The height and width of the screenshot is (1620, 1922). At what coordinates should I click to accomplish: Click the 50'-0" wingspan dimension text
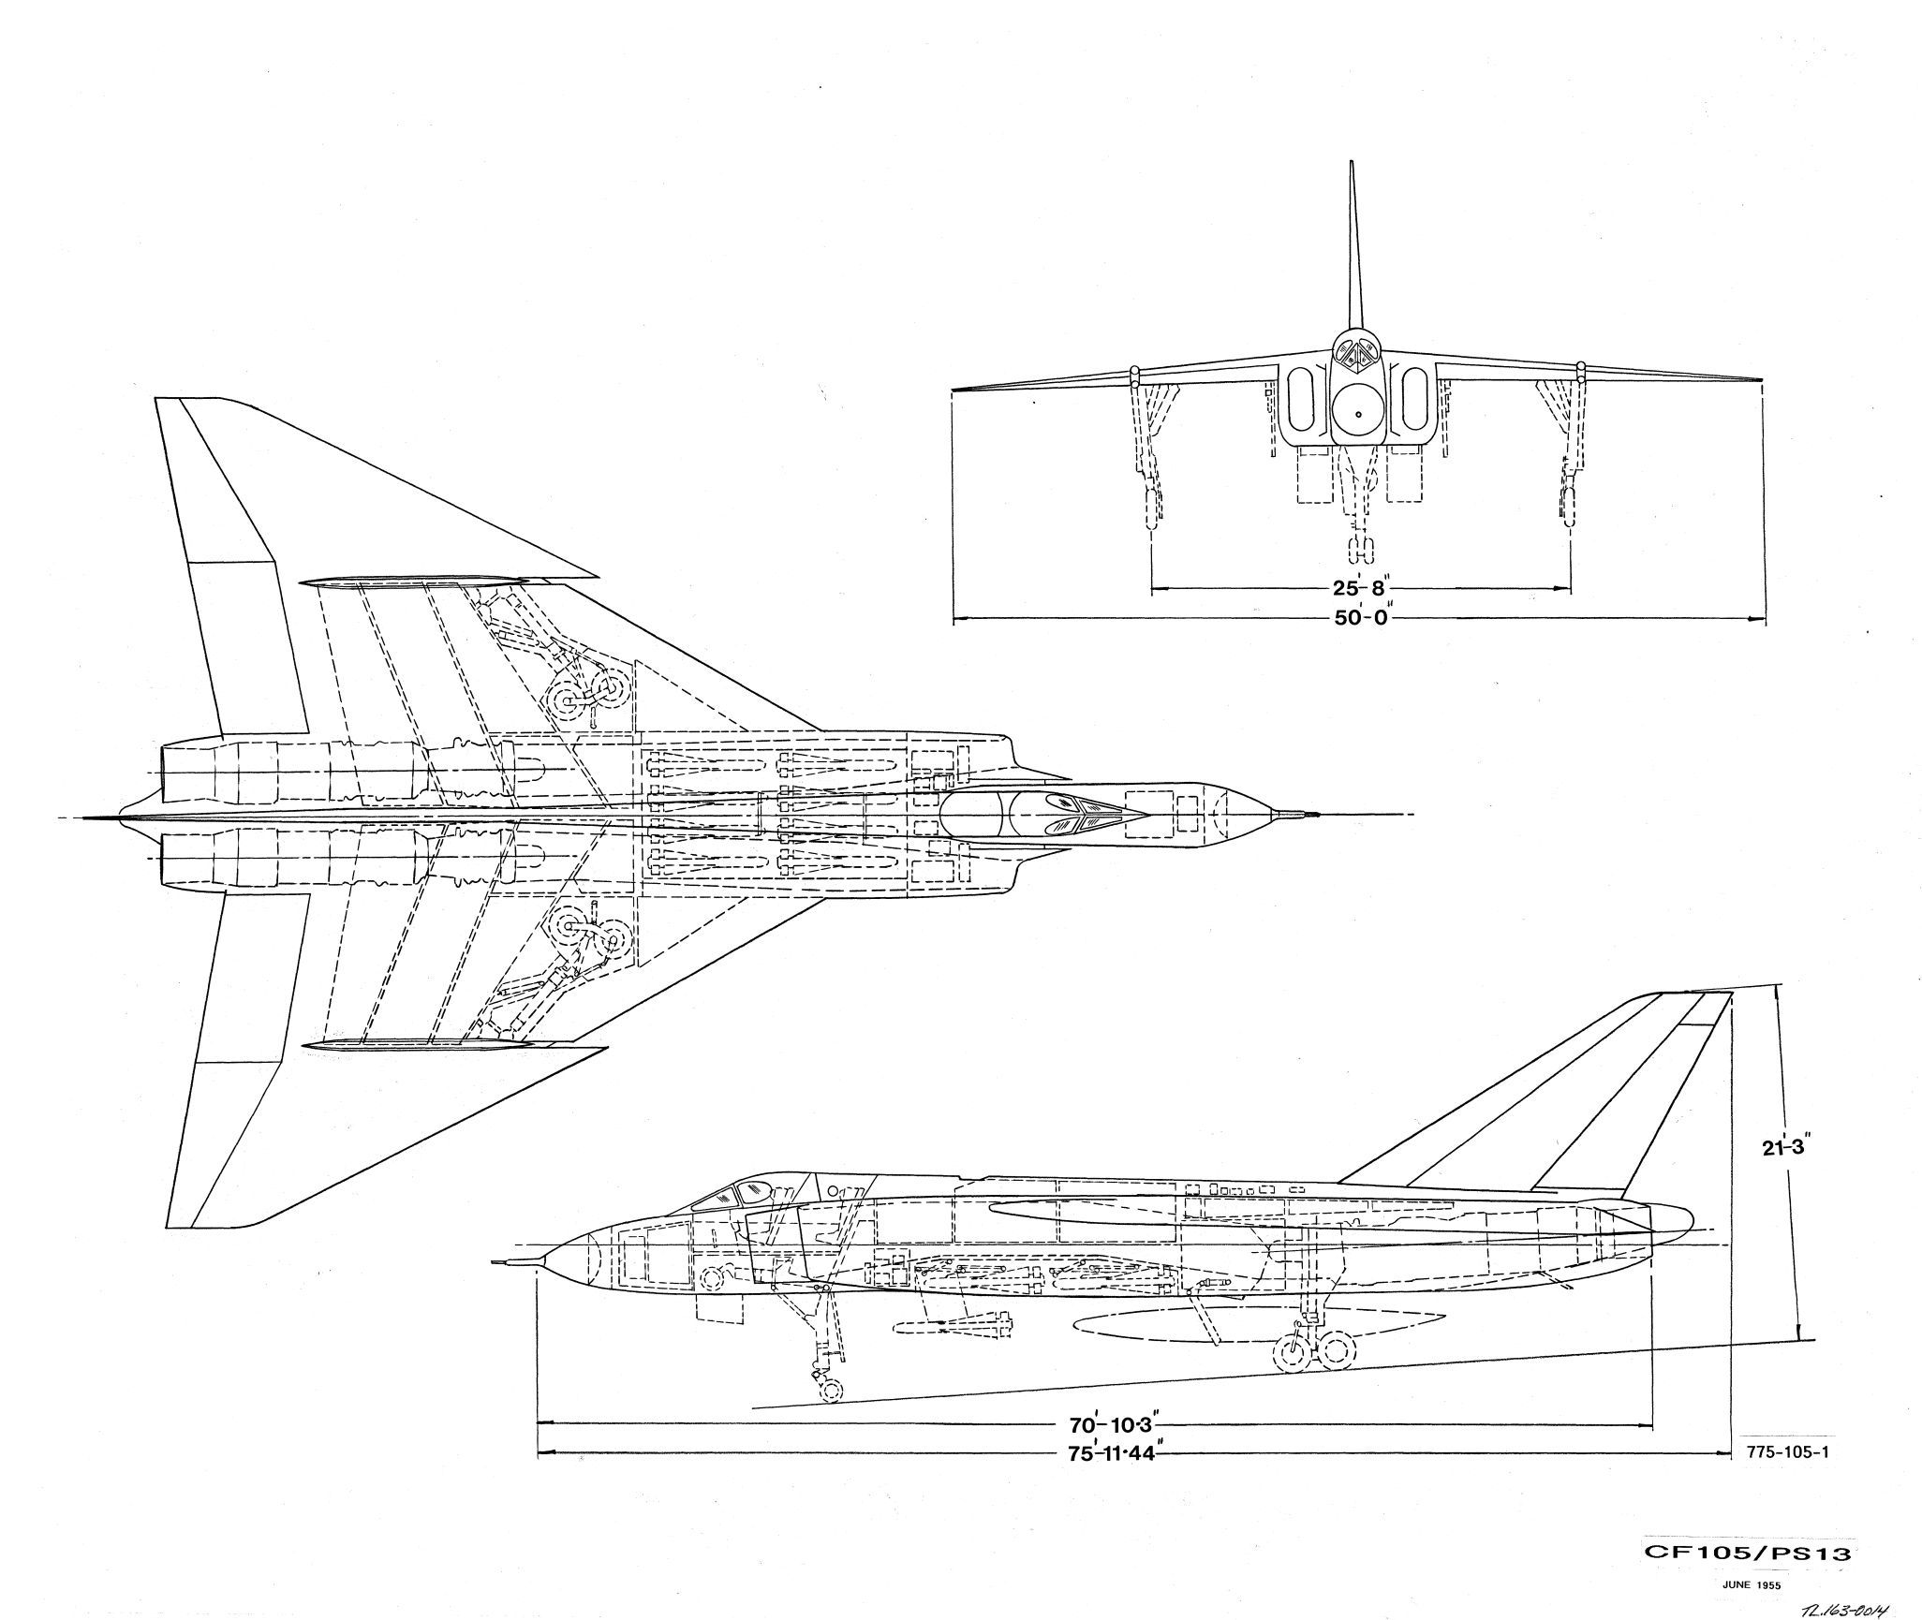(1359, 619)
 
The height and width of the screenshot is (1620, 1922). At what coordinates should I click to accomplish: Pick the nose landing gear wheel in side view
(829, 1389)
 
